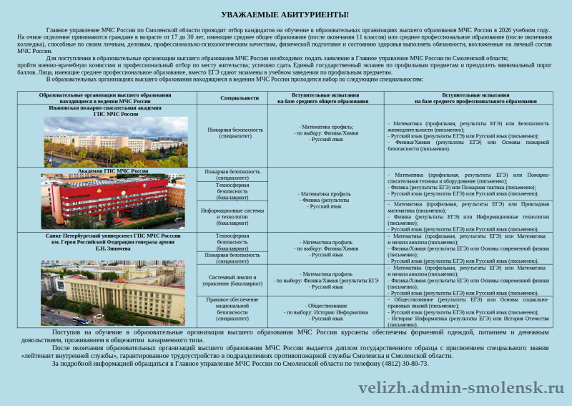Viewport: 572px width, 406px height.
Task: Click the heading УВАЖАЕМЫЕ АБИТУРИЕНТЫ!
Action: click(x=285, y=14)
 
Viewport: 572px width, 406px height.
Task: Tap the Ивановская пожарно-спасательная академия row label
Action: click(x=105, y=110)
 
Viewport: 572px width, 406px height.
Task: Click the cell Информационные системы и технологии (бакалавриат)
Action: click(x=232, y=216)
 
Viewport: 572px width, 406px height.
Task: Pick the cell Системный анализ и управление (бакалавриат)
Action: click(x=232, y=280)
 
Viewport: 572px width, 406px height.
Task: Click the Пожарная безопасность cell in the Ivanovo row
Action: click(x=232, y=132)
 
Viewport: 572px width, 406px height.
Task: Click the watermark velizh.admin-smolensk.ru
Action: click(x=460, y=388)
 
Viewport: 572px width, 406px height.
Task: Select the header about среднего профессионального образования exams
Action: click(x=475, y=98)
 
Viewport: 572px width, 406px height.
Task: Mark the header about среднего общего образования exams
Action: click(x=325, y=98)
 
